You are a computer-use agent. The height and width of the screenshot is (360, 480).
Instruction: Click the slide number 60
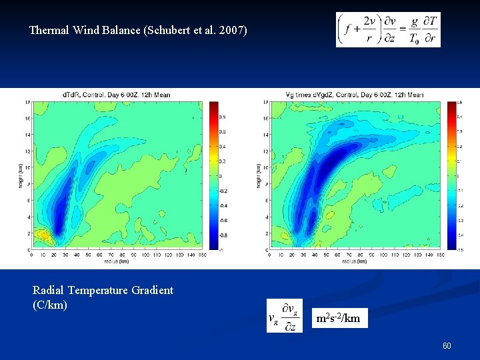(447, 345)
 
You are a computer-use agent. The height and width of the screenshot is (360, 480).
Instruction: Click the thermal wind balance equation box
(388, 30)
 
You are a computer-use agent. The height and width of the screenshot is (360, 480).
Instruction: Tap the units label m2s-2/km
(338, 318)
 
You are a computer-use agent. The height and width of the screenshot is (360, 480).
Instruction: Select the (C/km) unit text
(50, 305)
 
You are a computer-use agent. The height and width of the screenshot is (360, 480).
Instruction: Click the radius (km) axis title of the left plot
(116, 261)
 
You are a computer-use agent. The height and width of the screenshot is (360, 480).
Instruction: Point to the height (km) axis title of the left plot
(21, 175)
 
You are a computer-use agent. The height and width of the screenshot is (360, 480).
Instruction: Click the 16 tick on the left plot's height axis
(29, 119)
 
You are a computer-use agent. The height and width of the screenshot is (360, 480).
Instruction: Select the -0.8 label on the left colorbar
(223, 235)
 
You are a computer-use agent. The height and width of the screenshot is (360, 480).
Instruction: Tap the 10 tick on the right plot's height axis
(266, 168)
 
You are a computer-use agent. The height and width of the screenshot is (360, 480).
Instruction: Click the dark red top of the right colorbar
(452, 104)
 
